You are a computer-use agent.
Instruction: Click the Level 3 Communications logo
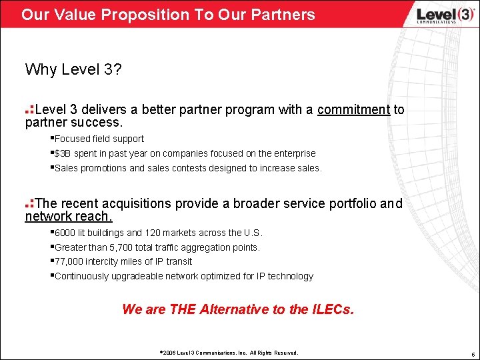coord(436,14)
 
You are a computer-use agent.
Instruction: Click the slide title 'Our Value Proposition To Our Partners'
coord(168,14)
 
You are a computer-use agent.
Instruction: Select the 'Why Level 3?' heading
coord(73,69)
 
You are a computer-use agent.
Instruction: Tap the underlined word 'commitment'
coord(353,109)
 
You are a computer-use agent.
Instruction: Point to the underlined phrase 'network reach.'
coord(69,217)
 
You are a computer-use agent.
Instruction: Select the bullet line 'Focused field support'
coord(99,139)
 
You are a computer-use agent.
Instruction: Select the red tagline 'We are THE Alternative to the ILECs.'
coord(239,309)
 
